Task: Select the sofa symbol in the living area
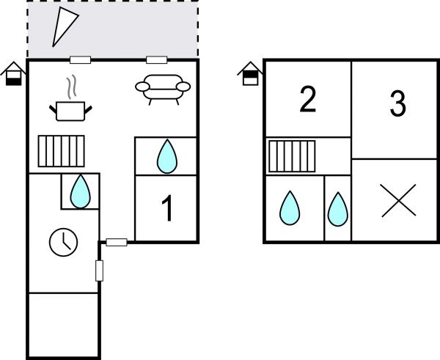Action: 163,89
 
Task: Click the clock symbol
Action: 63,242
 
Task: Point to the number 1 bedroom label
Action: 167,208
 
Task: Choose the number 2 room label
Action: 308,100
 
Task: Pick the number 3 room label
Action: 398,103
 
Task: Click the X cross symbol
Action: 398,200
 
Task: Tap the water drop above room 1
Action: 167,156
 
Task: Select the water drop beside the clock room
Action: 80,191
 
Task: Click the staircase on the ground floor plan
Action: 61,151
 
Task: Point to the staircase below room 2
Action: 292,156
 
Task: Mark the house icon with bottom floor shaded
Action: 13,73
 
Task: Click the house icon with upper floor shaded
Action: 250,73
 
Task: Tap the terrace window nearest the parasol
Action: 80,60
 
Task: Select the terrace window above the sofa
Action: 157,60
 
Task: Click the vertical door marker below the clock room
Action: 99,271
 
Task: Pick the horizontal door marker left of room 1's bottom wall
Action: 117,242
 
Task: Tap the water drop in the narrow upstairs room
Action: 338,209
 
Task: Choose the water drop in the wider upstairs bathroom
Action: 290,208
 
